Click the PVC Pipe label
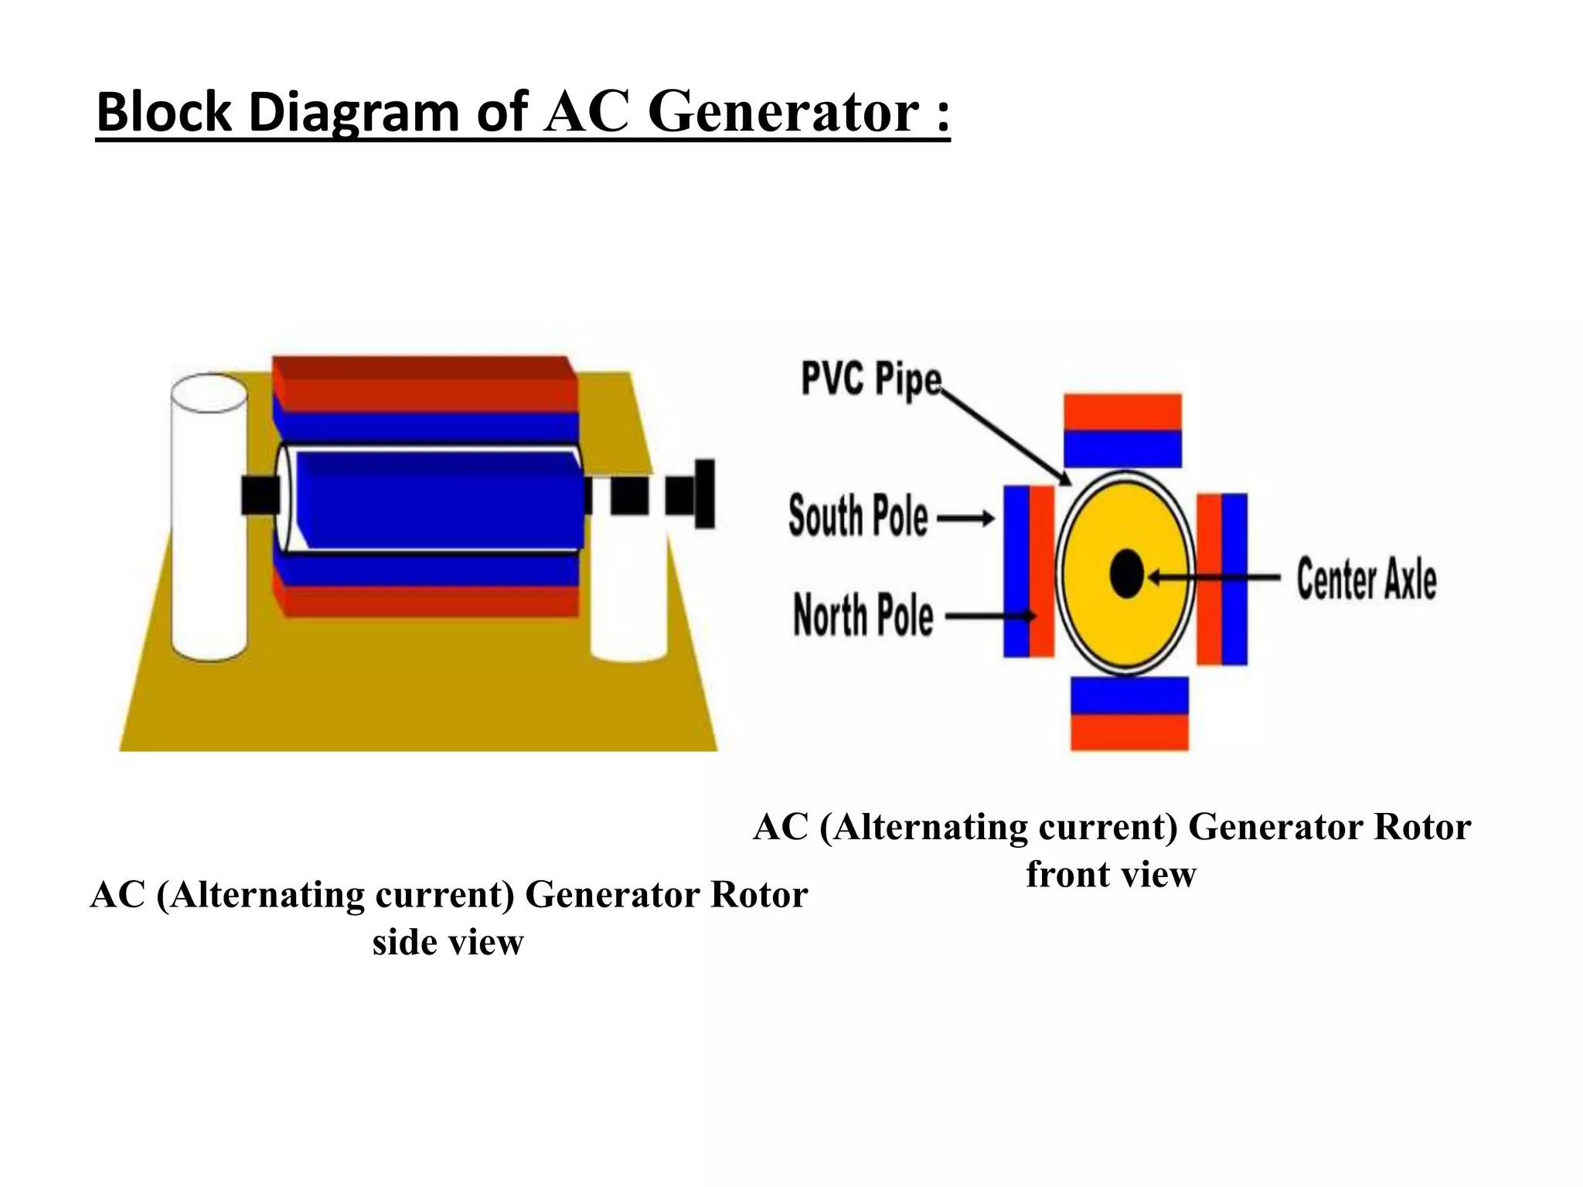pos(871,379)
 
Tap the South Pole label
pos(858,516)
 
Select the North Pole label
pos(863,615)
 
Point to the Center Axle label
pos(1367,579)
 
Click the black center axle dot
pos(1126,574)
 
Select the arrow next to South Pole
pos(966,518)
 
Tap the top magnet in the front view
pos(1122,430)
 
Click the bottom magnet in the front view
pos(1129,713)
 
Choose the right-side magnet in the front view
pos(1222,579)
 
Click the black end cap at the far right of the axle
pos(704,494)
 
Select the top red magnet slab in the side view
pos(425,384)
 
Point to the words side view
pos(448,942)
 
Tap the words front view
pos(1111,875)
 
